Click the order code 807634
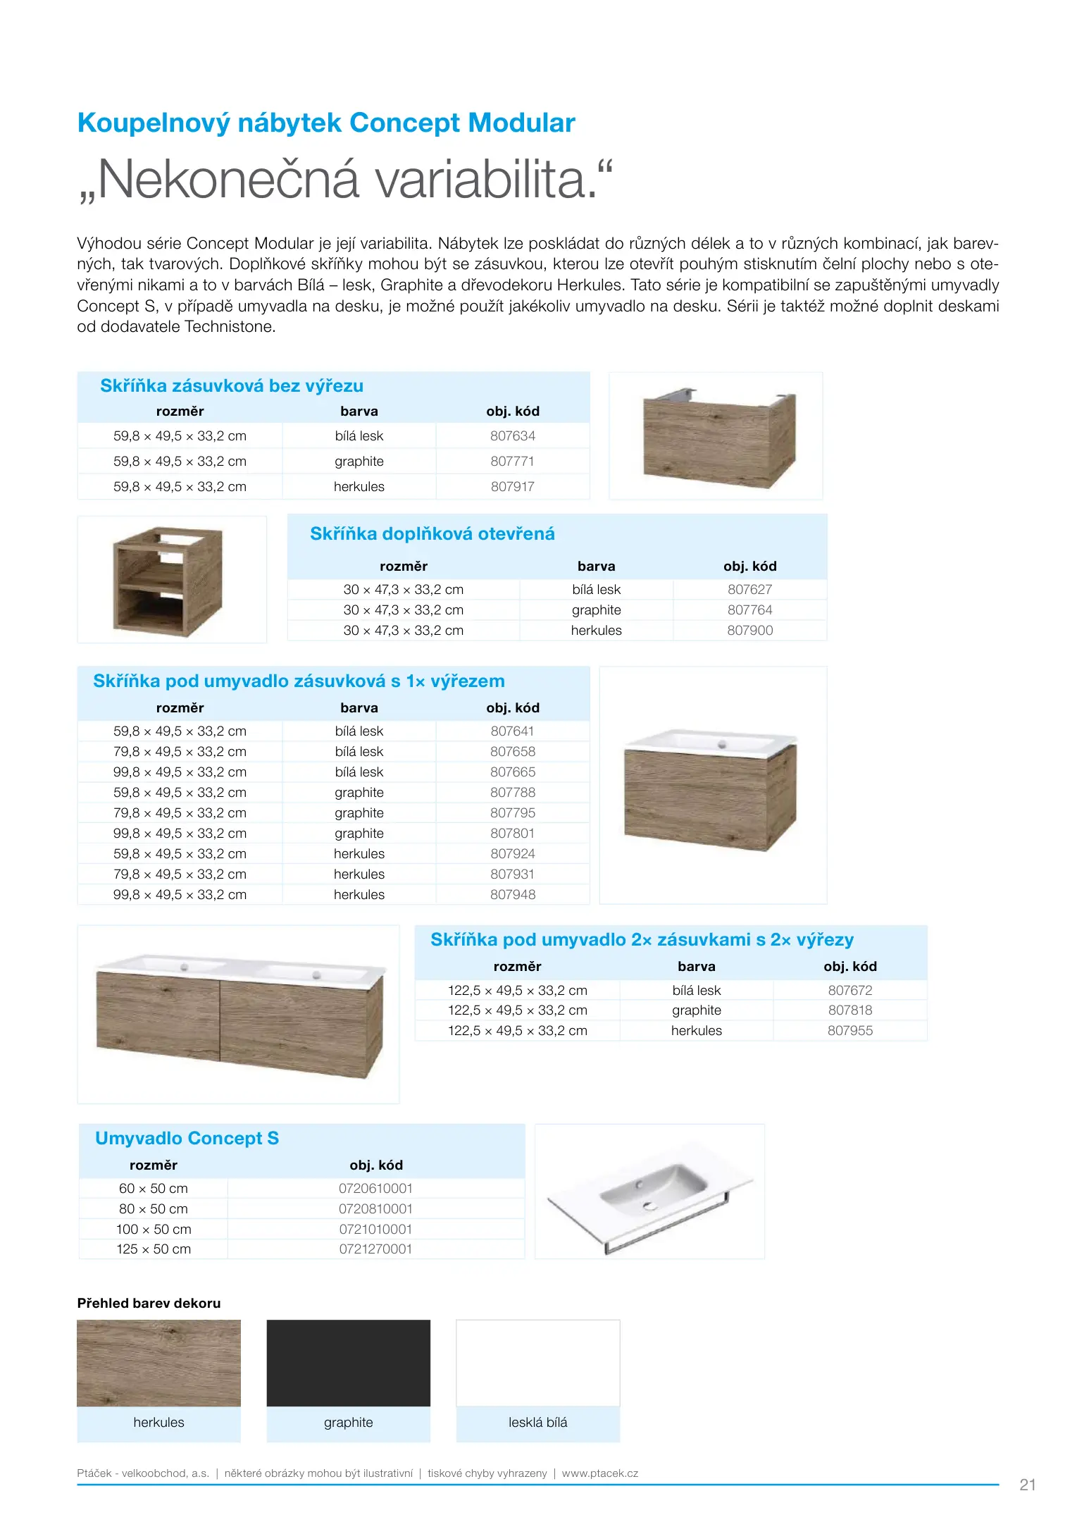click(x=512, y=436)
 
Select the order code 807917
click(x=512, y=487)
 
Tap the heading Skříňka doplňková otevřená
click(x=432, y=534)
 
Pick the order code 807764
click(x=749, y=610)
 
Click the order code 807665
click(x=512, y=772)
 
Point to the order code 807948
click(x=512, y=895)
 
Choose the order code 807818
click(x=849, y=1010)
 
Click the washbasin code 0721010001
click(x=375, y=1230)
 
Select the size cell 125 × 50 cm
click(x=154, y=1249)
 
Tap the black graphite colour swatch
click(x=348, y=1363)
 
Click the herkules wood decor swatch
click(x=158, y=1363)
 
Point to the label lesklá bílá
click(x=537, y=1423)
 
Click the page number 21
click(x=1027, y=1485)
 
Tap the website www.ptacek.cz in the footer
click(x=599, y=1473)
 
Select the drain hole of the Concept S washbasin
click(x=649, y=1206)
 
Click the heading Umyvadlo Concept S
click(x=187, y=1139)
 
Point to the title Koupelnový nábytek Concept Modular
click(x=326, y=123)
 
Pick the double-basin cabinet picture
click(x=239, y=1015)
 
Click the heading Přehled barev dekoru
click(x=149, y=1304)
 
